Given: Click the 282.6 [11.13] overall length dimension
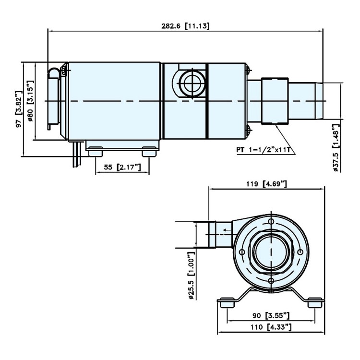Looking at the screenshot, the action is [x=185, y=26].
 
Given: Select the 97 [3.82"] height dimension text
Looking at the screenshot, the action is [x=20, y=109].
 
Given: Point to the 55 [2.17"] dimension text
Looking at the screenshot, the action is [x=122, y=167].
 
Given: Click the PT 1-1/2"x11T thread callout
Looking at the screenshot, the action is [x=263, y=150].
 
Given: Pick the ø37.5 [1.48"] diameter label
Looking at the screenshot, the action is [x=336, y=148].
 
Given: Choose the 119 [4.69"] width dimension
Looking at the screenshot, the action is [x=266, y=184].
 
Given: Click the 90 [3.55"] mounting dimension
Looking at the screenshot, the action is [x=271, y=315].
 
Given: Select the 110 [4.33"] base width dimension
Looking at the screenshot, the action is [x=271, y=327].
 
